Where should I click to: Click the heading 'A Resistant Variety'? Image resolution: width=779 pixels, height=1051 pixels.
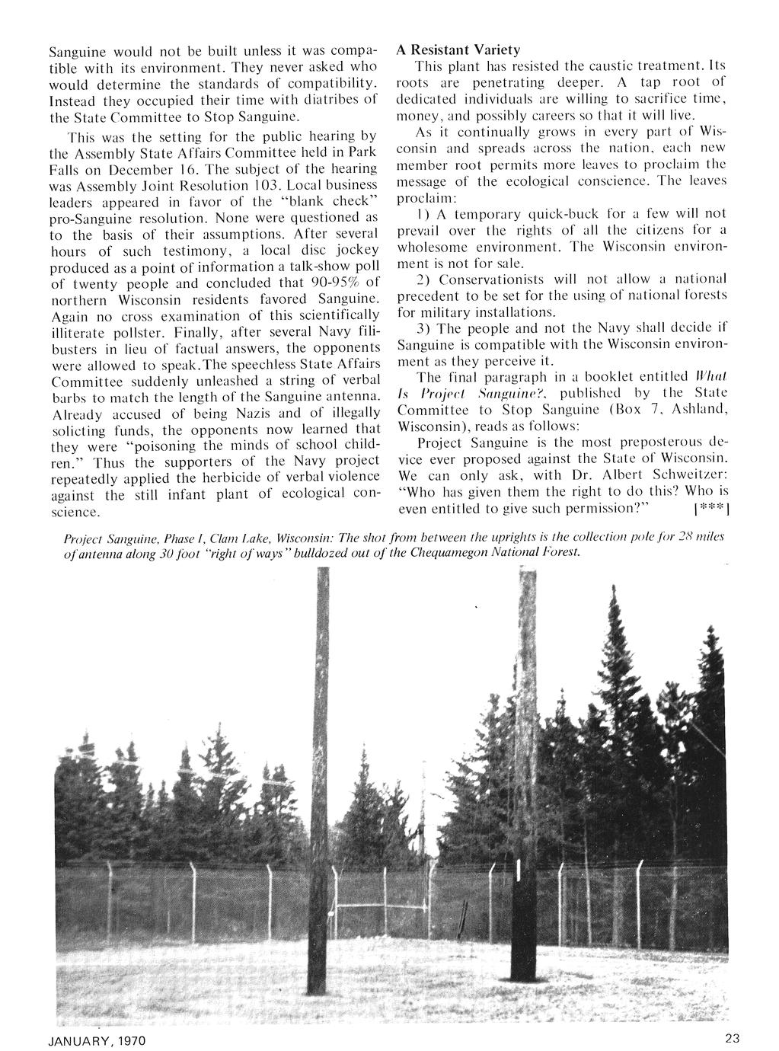click(459, 50)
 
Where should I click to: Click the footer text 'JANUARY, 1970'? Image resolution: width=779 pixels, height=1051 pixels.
click(97, 1040)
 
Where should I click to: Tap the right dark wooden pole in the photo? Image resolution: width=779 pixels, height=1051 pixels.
click(523, 762)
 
